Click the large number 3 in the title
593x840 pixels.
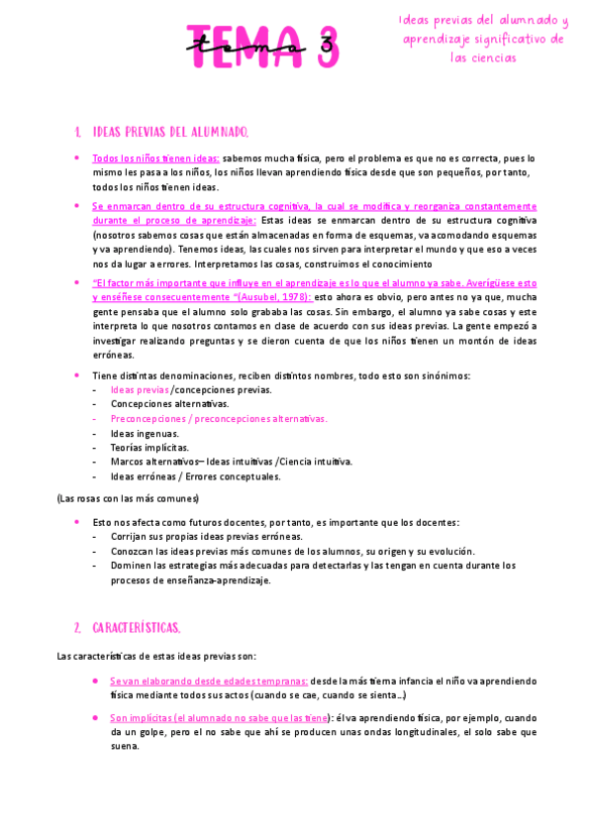pyautogui.click(x=317, y=46)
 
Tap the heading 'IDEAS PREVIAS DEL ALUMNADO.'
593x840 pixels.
pyautogui.click(x=170, y=132)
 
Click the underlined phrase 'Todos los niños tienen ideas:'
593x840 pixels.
pyautogui.click(x=155, y=157)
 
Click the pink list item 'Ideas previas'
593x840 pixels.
pyautogui.click(x=140, y=389)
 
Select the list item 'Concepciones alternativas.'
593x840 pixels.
pyautogui.click(x=169, y=404)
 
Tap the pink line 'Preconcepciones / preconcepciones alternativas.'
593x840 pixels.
pyautogui.click(x=219, y=418)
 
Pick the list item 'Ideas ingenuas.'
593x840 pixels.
pyautogui.click(x=145, y=433)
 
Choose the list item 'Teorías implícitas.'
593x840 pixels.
pyautogui.click(x=149, y=447)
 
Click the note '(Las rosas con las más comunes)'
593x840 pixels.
pyautogui.click(x=128, y=498)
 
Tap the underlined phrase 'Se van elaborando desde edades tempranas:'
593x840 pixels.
pyautogui.click(x=209, y=682)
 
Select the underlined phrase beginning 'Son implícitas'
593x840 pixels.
pyautogui.click(x=219, y=718)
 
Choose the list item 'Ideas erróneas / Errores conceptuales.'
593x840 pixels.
pyautogui.click(x=195, y=475)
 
